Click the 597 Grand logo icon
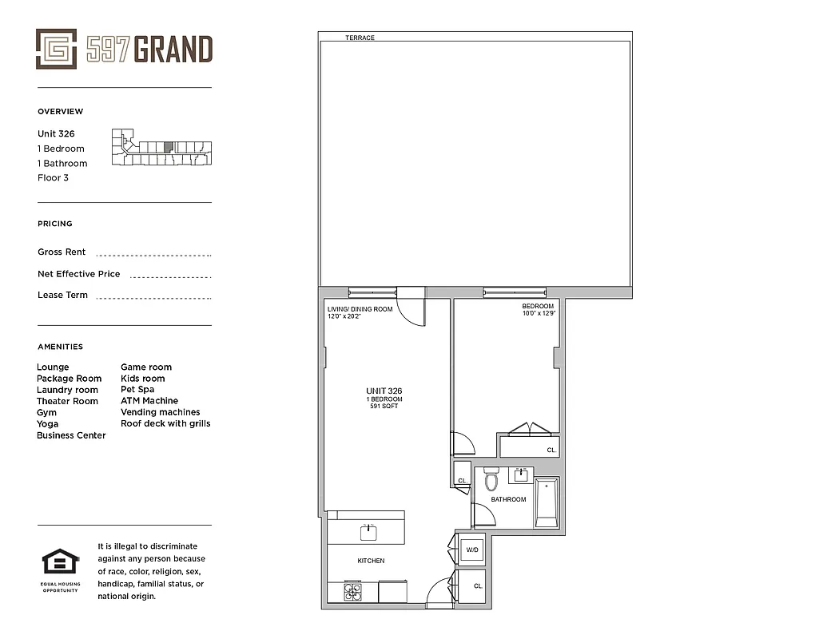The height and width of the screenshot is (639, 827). point(56,49)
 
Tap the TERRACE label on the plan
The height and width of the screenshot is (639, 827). point(360,38)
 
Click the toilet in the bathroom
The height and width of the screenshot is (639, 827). point(491,480)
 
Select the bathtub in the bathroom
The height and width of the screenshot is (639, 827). point(547,502)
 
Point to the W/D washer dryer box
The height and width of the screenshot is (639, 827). point(471,550)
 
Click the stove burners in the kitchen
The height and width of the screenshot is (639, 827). point(352,592)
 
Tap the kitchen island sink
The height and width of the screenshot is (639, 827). point(368,530)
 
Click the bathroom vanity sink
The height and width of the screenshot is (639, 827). point(523,475)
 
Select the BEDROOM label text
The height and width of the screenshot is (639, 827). point(538,306)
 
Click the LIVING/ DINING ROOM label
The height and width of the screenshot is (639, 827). point(360,309)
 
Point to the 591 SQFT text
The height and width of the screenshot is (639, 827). point(384,407)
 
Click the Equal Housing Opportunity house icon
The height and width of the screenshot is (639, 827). point(60,563)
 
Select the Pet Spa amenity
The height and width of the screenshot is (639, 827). point(137,390)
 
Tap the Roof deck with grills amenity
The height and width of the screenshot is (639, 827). point(165,423)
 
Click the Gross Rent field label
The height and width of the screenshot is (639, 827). point(62,252)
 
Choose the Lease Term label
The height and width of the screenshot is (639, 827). point(62,295)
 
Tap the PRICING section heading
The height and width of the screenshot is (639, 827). point(54,224)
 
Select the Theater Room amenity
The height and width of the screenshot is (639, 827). point(67,401)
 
